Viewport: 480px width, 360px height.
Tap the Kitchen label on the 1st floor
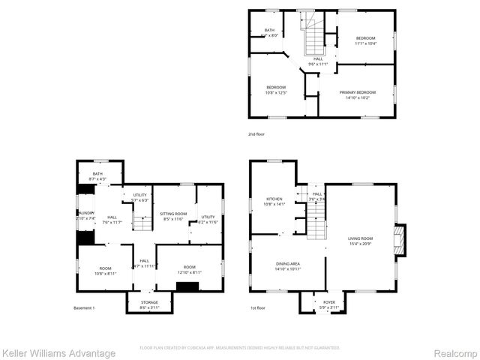pyautogui.click(x=274, y=199)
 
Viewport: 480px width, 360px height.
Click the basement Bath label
pyautogui.click(x=97, y=174)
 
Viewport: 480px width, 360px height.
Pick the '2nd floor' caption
pyautogui.click(x=257, y=133)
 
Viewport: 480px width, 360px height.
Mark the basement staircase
pyautogui.click(x=142, y=223)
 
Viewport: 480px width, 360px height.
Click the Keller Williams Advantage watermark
pyautogui.click(x=58, y=353)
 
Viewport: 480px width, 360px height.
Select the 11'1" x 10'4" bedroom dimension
pyautogui.click(x=365, y=43)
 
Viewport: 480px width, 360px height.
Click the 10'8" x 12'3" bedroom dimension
pyautogui.click(x=276, y=92)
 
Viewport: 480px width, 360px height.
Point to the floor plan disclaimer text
pyautogui.click(x=240, y=348)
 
